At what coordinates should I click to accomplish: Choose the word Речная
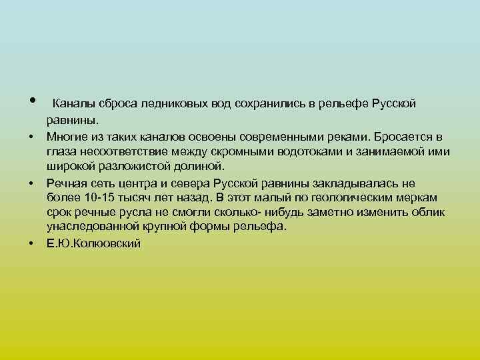[66, 183]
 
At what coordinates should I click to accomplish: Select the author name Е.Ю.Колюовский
[93, 244]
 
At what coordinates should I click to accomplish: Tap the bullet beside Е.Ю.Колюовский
[31, 244]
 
